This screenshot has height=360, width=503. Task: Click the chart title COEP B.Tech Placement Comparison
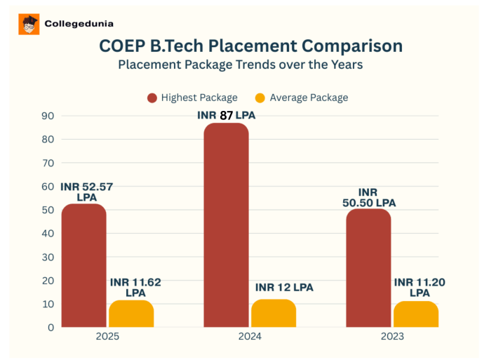tap(250, 46)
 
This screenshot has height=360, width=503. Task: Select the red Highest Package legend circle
tap(152, 98)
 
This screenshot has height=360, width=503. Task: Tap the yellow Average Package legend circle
tap(260, 98)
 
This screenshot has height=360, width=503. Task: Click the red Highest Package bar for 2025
tap(83, 267)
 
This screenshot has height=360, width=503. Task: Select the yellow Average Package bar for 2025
tap(131, 314)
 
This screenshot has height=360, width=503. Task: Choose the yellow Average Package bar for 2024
tap(274, 313)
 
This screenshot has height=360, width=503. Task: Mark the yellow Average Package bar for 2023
tap(416, 314)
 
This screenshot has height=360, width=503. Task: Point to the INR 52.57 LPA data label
tap(86, 192)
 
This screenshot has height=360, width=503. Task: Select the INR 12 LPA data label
tap(284, 288)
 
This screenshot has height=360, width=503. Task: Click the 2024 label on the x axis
tap(250, 337)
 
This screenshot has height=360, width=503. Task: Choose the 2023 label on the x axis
tap(392, 337)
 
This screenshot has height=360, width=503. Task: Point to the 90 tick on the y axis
tap(48, 116)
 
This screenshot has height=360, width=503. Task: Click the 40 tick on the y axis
tap(48, 234)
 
